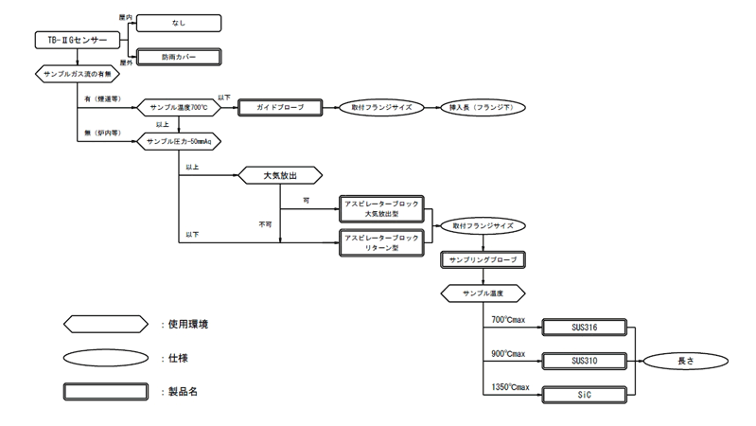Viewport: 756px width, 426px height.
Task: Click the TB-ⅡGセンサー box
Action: [77, 40]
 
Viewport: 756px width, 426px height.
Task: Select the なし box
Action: [179, 23]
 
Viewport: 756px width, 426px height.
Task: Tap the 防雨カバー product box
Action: [179, 57]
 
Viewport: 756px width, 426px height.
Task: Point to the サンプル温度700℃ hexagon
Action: [179, 108]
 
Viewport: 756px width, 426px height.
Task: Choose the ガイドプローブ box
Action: [280, 108]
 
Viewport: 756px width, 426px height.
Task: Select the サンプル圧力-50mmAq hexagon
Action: [179, 141]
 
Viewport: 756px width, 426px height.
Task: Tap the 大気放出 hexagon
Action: [280, 175]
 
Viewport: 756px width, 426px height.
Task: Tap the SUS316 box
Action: [583, 328]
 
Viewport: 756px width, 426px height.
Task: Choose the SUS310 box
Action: [583, 361]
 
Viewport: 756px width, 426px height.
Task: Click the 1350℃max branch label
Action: [509, 386]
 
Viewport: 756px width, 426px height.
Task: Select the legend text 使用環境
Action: [189, 324]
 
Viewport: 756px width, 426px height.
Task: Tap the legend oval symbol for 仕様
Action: [106, 357]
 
